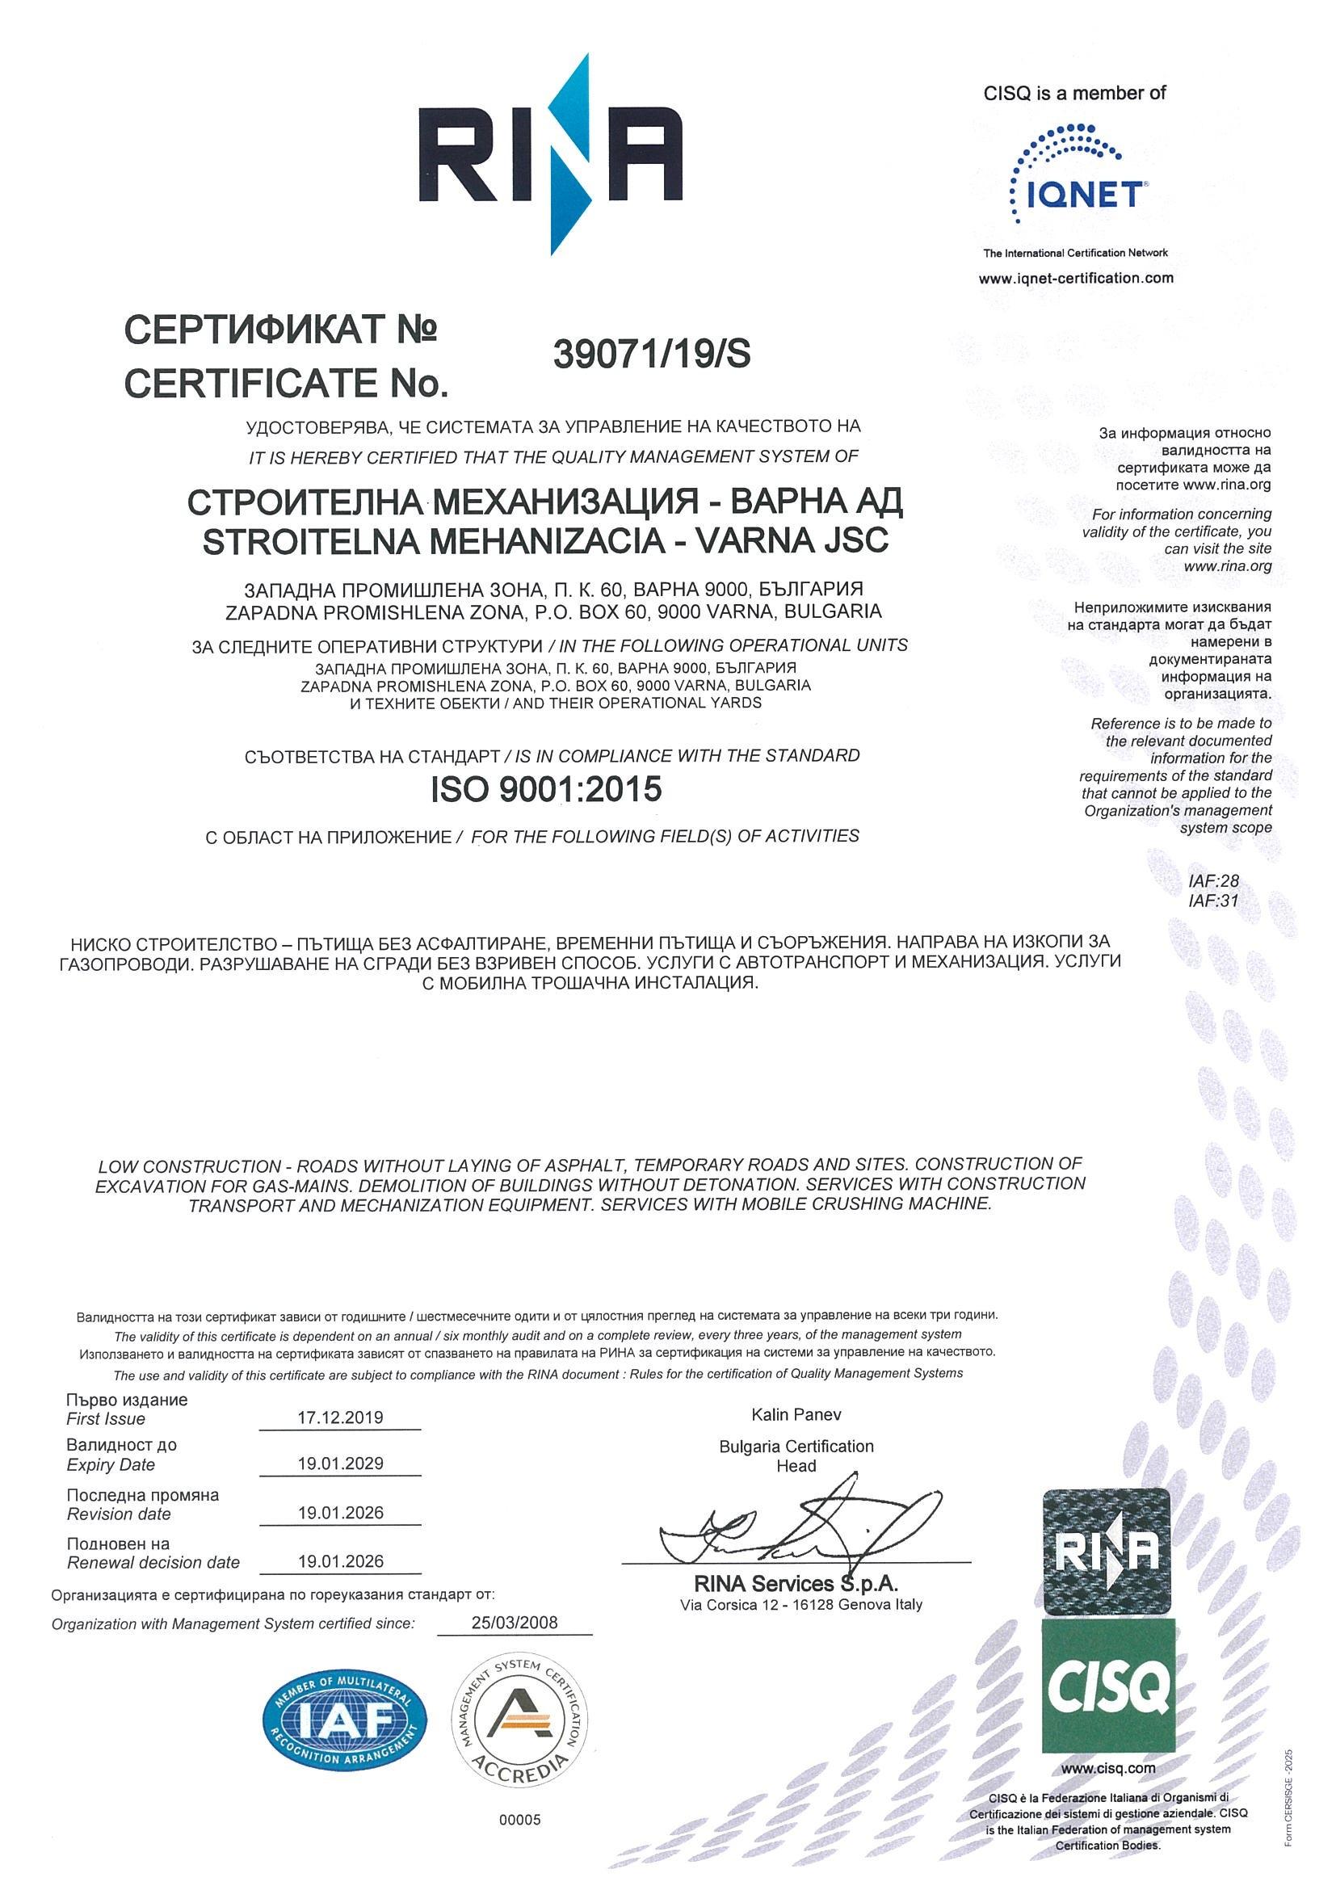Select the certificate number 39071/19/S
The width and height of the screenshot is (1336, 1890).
point(652,355)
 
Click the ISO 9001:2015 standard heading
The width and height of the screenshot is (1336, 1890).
point(546,790)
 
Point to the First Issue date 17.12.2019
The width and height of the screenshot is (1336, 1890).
point(340,1417)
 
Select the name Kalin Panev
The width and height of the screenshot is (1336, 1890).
point(796,1415)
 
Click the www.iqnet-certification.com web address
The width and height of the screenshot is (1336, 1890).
point(1076,278)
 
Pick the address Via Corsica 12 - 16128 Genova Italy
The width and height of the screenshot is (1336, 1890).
point(801,1604)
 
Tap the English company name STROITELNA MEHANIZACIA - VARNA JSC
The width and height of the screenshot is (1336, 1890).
point(545,542)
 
